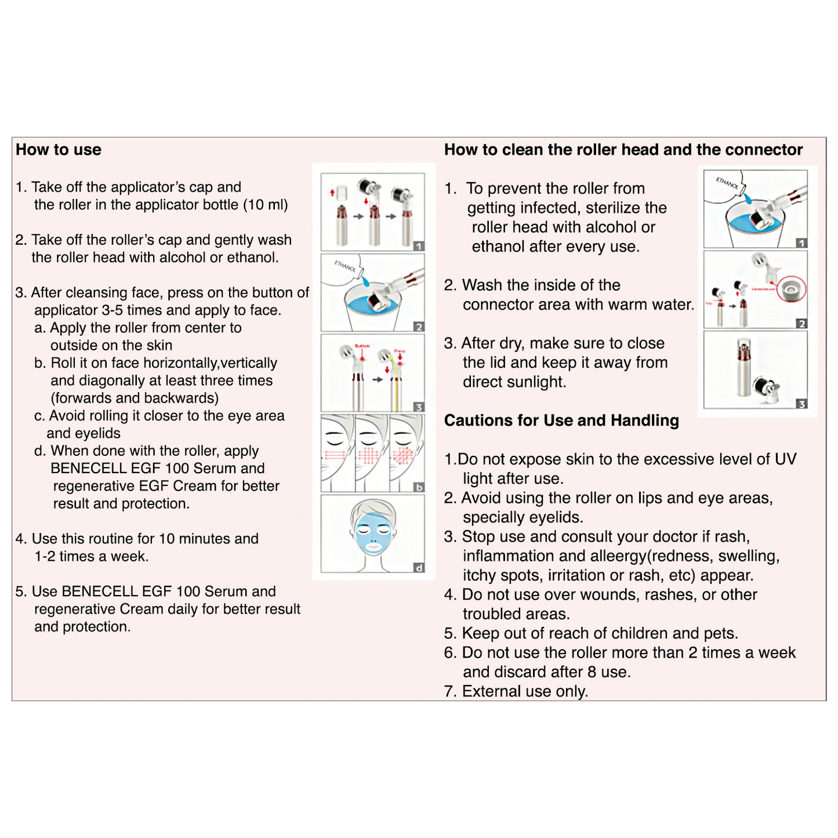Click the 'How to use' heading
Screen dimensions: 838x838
click(x=59, y=150)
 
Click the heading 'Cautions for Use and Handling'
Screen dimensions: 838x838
click(x=561, y=420)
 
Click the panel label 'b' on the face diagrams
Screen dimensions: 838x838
click(x=419, y=487)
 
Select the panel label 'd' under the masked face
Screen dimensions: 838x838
click(x=419, y=568)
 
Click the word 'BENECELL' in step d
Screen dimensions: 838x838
click(x=86, y=469)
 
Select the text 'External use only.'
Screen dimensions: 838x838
click(x=525, y=691)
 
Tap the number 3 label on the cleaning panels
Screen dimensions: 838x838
click(x=801, y=404)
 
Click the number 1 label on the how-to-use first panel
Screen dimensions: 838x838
click(x=419, y=246)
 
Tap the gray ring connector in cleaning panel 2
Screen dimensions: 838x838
click(x=791, y=289)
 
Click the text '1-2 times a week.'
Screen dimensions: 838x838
click(x=92, y=557)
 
